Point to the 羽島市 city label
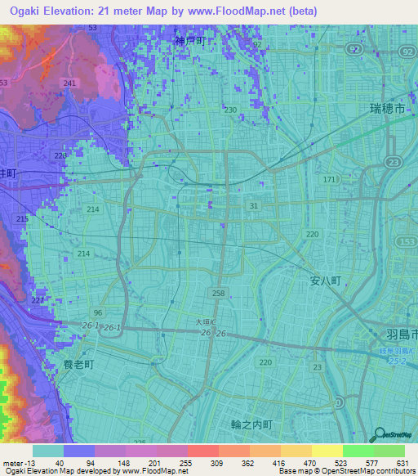pos(400,335)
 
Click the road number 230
pos(231,110)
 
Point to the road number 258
pos(218,293)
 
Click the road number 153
pos(408,240)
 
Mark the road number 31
pos(254,206)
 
